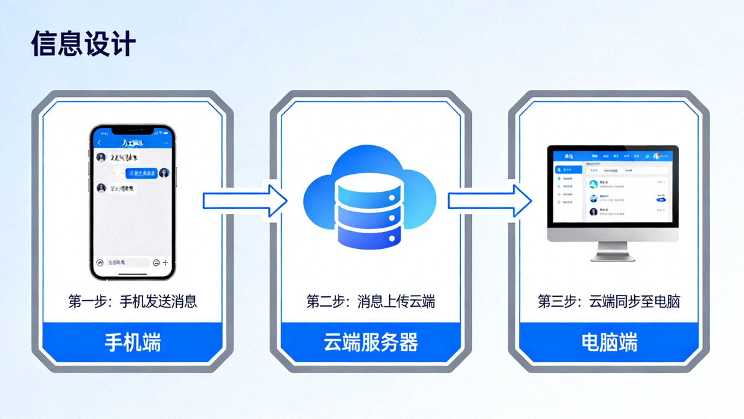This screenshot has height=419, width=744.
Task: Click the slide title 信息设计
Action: click(x=83, y=45)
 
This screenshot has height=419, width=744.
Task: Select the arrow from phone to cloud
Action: click(x=246, y=200)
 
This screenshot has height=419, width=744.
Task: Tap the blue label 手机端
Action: click(x=132, y=342)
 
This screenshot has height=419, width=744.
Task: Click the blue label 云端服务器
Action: click(x=371, y=342)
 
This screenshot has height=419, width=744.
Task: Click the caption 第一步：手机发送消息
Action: click(x=132, y=302)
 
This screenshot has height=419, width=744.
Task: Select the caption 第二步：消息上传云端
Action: click(x=371, y=302)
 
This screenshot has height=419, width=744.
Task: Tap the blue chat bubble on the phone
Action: click(x=141, y=173)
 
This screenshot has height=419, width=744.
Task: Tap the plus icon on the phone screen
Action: click(x=165, y=263)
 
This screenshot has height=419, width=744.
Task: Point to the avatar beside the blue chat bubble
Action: click(x=164, y=173)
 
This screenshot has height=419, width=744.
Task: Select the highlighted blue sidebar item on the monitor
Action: click(x=567, y=169)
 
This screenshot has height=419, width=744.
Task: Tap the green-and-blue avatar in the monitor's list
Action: click(x=593, y=184)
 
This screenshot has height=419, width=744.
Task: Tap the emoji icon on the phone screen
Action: click(x=156, y=263)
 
